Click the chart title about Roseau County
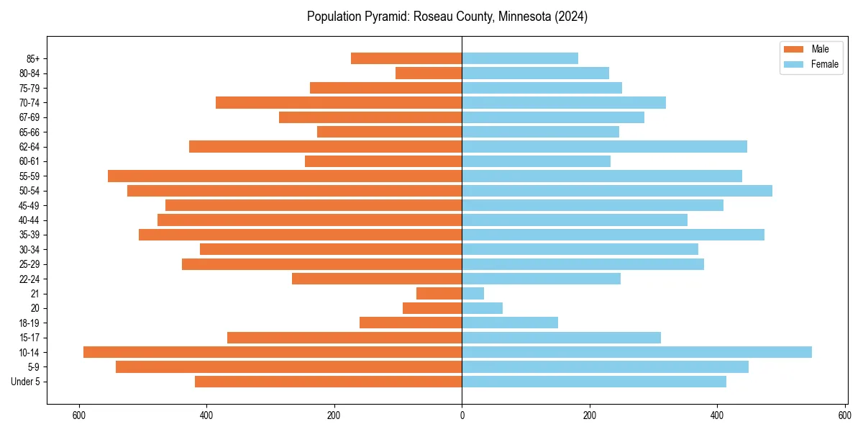(x=447, y=17)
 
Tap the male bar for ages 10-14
(x=273, y=352)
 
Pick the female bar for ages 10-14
(x=636, y=352)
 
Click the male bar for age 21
(x=439, y=293)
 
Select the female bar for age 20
(x=482, y=308)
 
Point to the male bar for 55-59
(x=285, y=176)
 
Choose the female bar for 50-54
(x=616, y=191)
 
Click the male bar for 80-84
(x=429, y=73)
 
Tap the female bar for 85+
(x=519, y=58)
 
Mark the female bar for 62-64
(x=604, y=146)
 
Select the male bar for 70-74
(x=339, y=102)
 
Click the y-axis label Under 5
(x=25, y=382)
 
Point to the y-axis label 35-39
(x=29, y=235)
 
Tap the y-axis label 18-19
(x=29, y=323)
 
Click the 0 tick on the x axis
(x=462, y=415)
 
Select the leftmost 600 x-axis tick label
(x=79, y=415)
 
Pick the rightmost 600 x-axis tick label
(x=844, y=415)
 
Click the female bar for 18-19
(x=509, y=323)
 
